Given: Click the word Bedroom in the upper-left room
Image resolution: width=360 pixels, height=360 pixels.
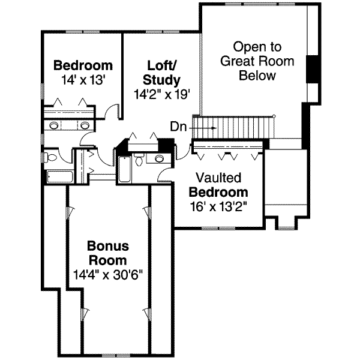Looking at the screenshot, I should click(83, 65).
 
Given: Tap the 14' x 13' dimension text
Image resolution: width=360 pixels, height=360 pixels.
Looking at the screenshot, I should click(83, 79).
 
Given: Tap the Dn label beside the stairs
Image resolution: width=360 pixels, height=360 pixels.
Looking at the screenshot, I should click(178, 127).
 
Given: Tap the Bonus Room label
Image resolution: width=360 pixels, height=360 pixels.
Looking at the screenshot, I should click(107, 253).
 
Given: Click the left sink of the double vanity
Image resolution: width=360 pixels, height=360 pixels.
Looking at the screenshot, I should click(54, 125).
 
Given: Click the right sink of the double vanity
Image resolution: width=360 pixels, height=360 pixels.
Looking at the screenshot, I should click(85, 125).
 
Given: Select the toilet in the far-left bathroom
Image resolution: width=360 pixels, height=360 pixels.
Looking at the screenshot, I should click(49, 158).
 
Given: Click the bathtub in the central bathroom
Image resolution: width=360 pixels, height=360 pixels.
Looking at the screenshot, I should click(124, 170).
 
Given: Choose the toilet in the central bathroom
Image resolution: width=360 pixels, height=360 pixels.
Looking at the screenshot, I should click(139, 160).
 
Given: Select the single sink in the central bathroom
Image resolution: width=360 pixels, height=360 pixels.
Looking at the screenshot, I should click(159, 159).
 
